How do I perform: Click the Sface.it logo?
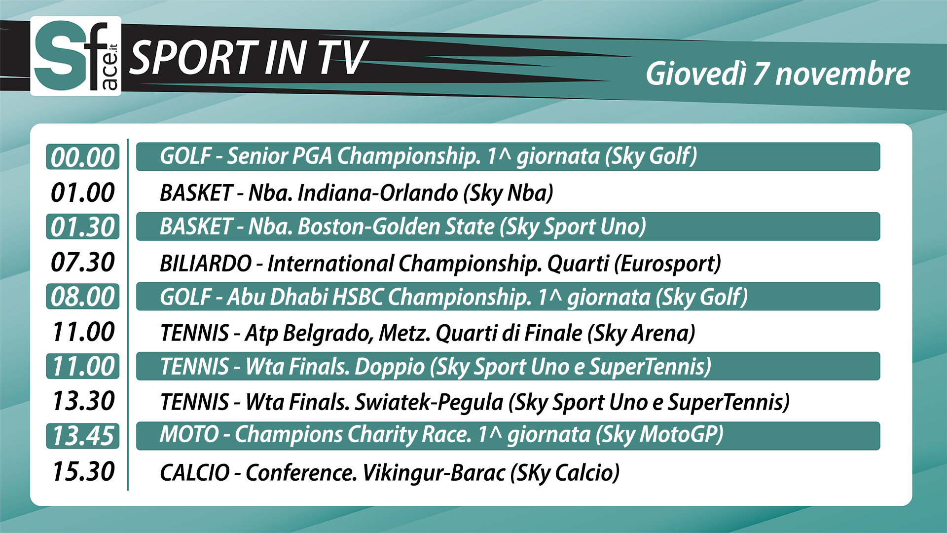[x=75, y=56]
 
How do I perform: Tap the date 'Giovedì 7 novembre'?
[x=778, y=74]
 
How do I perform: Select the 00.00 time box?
[x=83, y=157]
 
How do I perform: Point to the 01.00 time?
[x=83, y=192]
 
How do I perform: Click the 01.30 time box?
[x=83, y=227]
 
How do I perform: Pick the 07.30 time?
[x=83, y=262]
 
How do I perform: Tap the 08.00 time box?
[x=83, y=297]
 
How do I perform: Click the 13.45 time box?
[x=83, y=436]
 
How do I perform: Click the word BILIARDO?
[x=206, y=263]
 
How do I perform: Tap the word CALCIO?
[x=195, y=472]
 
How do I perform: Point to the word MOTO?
[x=189, y=434]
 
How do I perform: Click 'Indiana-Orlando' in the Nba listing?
[x=378, y=192]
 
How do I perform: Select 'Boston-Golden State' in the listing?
[x=396, y=227]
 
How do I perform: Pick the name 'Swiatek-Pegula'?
[x=429, y=402]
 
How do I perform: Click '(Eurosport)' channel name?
[x=667, y=264]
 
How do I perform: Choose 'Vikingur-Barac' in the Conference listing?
[x=434, y=472]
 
